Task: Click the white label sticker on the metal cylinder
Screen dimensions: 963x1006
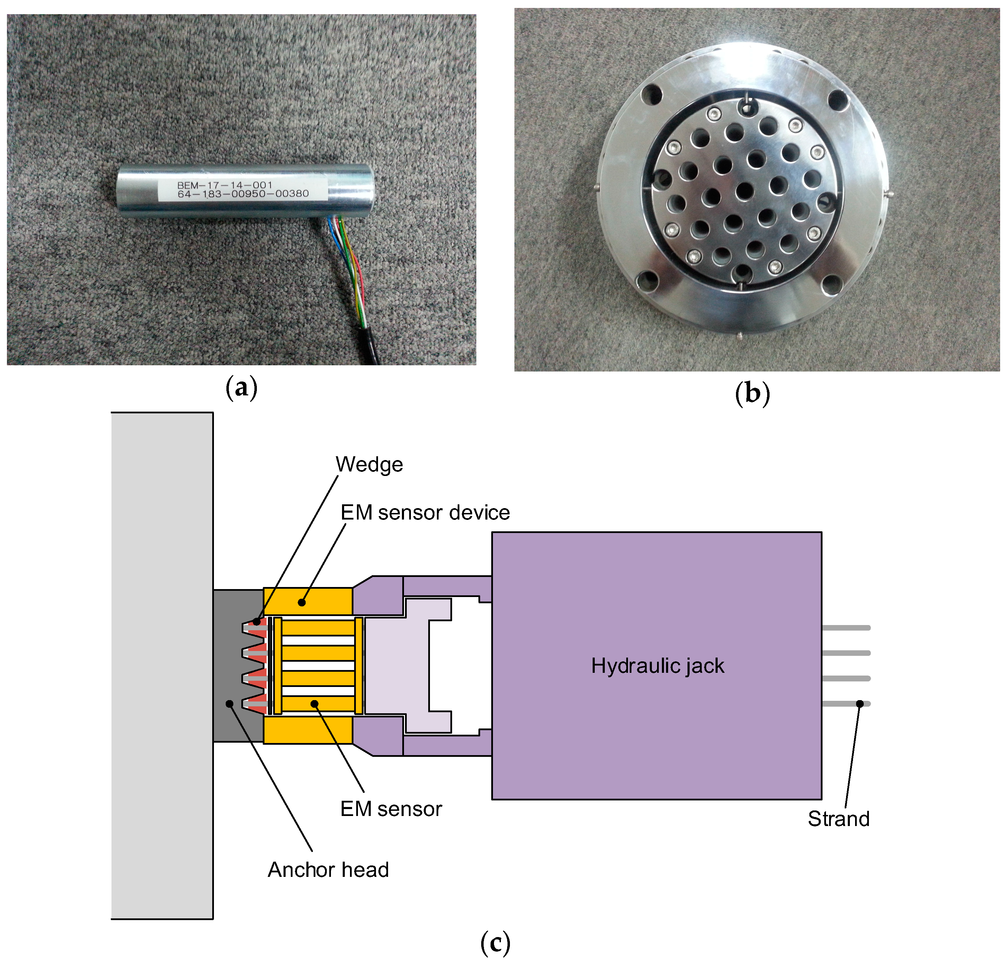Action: pos(242,190)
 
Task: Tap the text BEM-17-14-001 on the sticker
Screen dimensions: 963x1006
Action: pos(224,185)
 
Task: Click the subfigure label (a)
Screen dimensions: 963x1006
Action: pos(241,388)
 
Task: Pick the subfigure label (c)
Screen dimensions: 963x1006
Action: pos(495,943)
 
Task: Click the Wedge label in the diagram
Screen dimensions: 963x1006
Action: pos(369,465)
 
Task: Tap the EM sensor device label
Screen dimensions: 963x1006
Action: pos(425,513)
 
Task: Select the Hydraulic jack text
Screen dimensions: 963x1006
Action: pos(657,666)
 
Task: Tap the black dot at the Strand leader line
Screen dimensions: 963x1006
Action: pos(860,704)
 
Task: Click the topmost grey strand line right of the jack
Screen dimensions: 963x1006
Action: pos(846,627)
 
